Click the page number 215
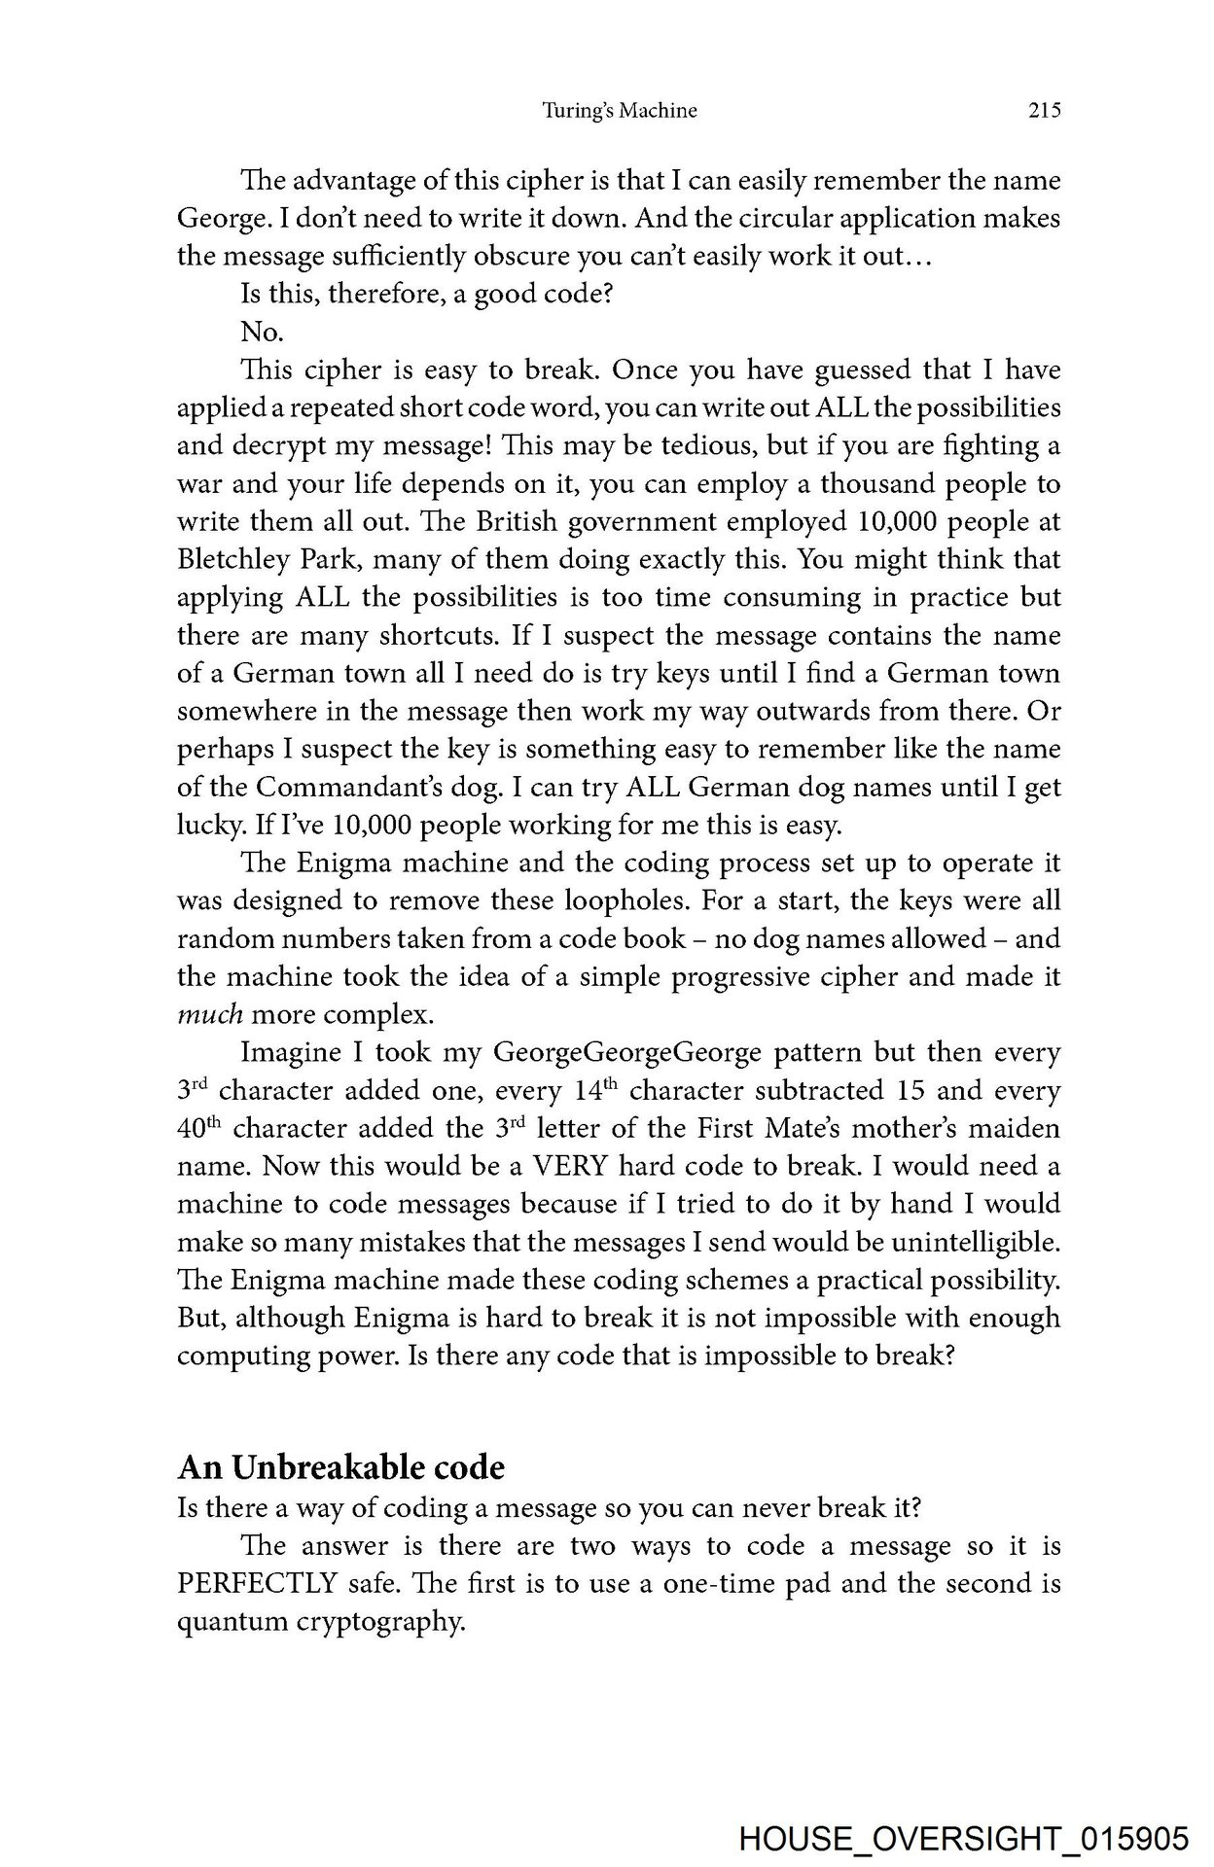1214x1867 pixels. [x=1043, y=111]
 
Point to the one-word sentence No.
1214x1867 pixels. [x=262, y=333]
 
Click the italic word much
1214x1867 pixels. [x=209, y=1015]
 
